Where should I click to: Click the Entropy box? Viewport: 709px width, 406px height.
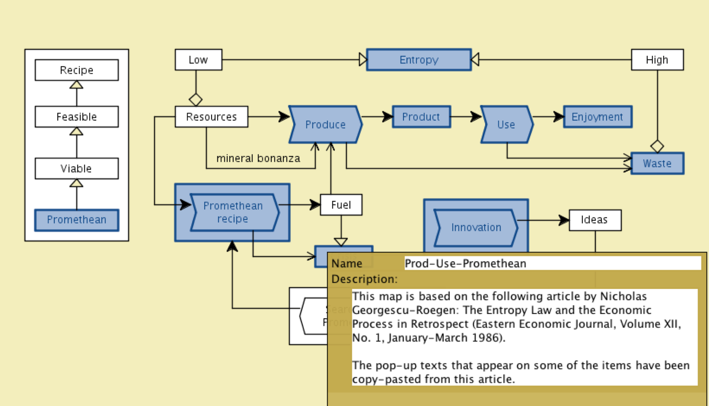click(x=419, y=60)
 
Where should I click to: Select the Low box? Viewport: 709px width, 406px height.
click(x=198, y=60)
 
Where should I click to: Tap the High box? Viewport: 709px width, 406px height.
click(x=657, y=60)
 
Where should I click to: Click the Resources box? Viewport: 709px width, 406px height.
click(x=211, y=117)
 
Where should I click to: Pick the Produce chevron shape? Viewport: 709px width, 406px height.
click(x=325, y=124)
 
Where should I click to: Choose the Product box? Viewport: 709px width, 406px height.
click(x=421, y=117)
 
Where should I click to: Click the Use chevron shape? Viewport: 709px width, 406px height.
click(x=506, y=124)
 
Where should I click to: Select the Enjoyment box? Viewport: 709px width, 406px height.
click(x=597, y=117)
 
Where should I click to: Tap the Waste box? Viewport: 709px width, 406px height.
click(x=657, y=163)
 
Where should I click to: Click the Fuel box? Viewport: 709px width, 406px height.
click(x=341, y=205)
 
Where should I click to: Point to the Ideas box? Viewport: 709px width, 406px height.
click(x=595, y=220)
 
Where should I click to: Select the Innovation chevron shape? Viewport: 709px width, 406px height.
click(x=476, y=228)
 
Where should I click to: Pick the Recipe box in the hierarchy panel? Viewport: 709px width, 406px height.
click(x=77, y=70)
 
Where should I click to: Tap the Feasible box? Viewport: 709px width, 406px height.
click(x=77, y=117)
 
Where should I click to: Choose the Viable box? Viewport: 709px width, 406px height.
click(x=77, y=168)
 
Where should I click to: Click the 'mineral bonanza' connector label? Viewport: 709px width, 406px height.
click(x=258, y=158)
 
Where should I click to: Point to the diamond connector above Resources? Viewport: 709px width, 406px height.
click(x=196, y=100)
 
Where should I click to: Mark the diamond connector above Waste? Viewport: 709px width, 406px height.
click(x=657, y=146)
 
